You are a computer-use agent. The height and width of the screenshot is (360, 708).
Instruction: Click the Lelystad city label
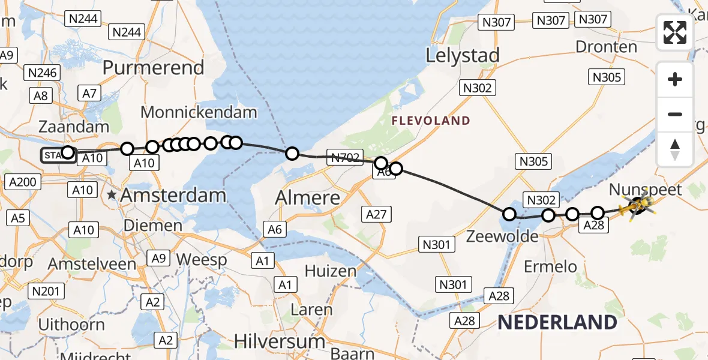click(x=463, y=56)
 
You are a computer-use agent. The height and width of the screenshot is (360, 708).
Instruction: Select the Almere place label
click(x=308, y=197)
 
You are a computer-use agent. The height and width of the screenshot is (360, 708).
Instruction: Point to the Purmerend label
click(x=153, y=68)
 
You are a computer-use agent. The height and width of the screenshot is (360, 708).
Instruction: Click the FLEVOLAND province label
click(x=431, y=121)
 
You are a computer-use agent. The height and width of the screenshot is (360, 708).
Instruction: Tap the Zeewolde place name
click(x=502, y=236)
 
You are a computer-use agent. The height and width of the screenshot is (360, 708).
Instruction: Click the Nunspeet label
click(x=646, y=190)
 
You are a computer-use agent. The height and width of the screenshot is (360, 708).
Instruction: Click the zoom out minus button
click(x=675, y=114)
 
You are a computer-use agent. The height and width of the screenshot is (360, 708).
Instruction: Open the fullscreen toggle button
click(x=675, y=32)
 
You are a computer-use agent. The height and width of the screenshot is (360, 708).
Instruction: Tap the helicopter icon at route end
click(x=637, y=207)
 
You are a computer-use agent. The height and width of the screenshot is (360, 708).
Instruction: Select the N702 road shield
click(x=344, y=158)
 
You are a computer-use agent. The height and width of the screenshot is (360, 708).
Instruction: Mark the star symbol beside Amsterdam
click(x=112, y=195)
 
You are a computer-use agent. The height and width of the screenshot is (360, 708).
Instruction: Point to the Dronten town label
click(x=606, y=47)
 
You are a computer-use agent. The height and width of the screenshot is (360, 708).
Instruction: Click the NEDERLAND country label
click(x=557, y=322)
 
